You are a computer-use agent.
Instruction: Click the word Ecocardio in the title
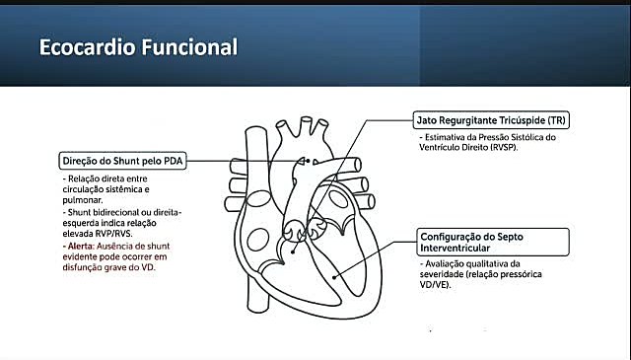point(87,47)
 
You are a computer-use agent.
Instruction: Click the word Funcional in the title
point(189,47)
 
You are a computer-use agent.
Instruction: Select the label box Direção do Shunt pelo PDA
point(122,161)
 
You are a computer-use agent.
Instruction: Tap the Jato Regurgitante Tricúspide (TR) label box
point(491,120)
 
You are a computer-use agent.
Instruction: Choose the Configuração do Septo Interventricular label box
point(493,242)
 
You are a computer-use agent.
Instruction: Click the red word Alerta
point(81,246)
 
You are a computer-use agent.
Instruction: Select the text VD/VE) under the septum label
point(435,285)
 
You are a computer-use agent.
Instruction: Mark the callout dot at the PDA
point(309,161)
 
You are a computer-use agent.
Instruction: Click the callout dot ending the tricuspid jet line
point(293,252)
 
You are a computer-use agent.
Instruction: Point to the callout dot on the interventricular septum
point(334,277)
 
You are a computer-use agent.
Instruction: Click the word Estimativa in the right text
point(444,137)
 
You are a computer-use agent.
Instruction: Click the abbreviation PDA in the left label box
point(174,161)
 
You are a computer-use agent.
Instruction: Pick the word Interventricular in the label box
point(456,248)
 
